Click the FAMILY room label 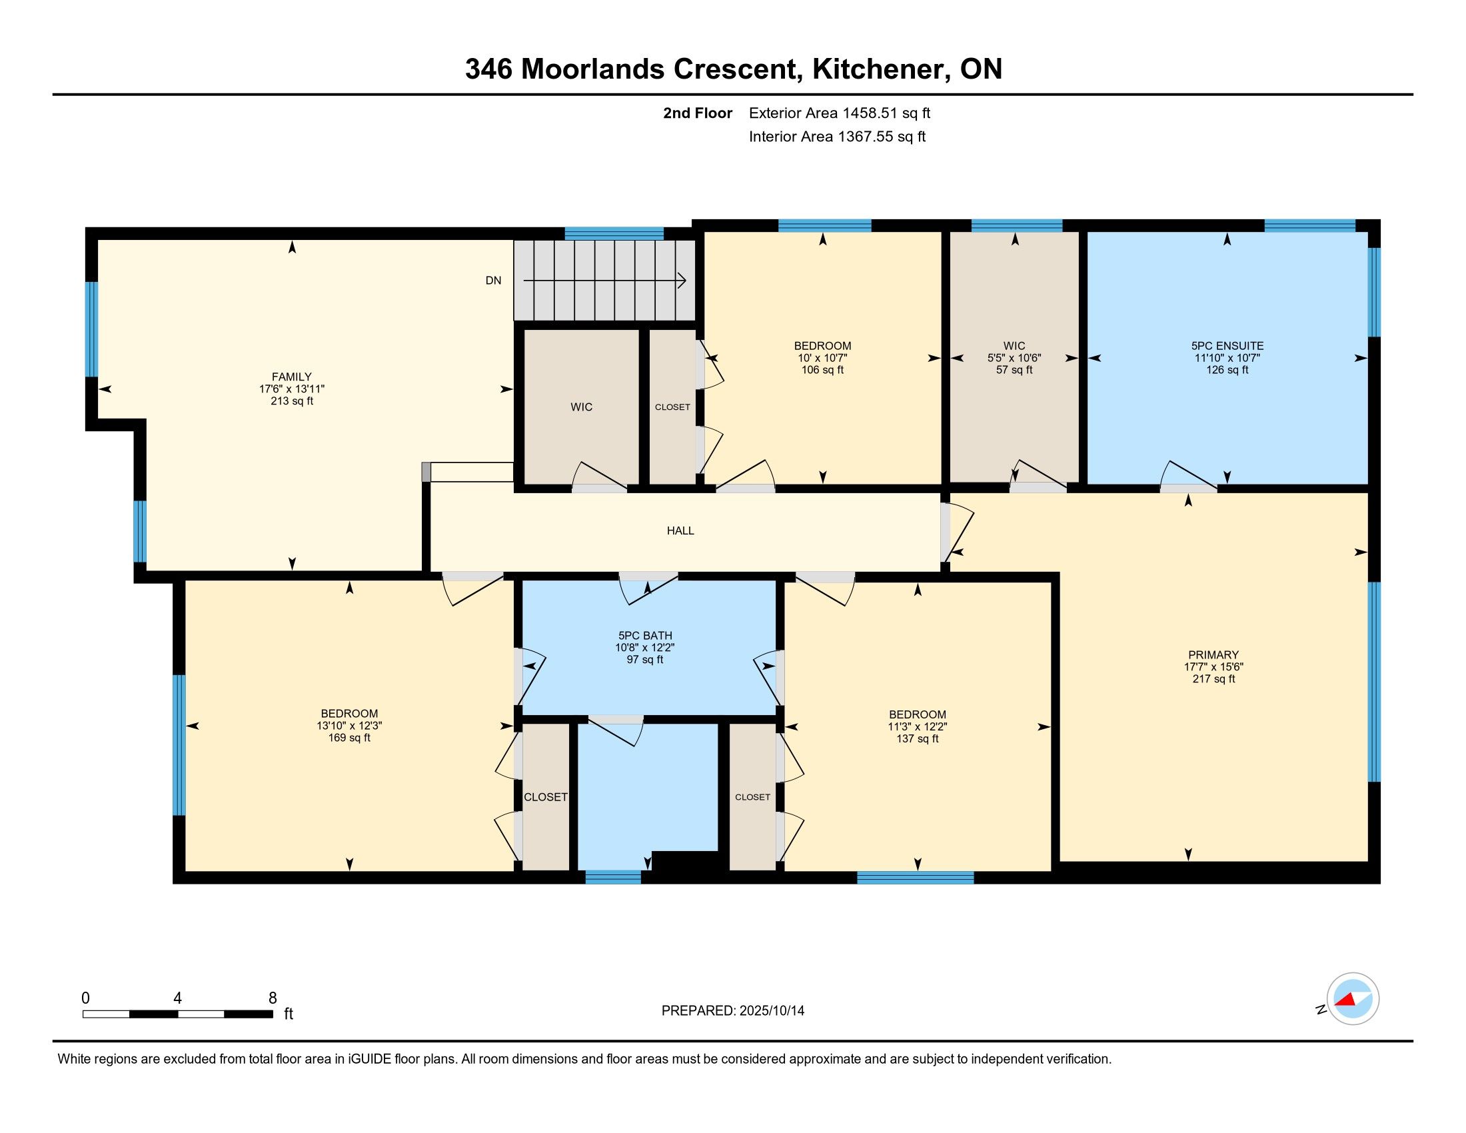tap(291, 377)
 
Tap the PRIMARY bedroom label tap(1213, 654)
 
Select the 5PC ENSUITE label tap(1227, 346)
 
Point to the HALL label tap(680, 531)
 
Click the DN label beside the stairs tap(493, 281)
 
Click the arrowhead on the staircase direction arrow tap(682, 281)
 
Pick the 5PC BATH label tap(644, 636)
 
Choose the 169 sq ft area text tap(349, 738)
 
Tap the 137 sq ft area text tap(917, 738)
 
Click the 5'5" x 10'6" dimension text tap(1014, 358)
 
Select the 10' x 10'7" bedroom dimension tap(822, 358)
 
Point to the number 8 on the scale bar tap(273, 998)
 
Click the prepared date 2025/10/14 tap(771, 1010)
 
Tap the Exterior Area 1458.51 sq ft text tap(839, 113)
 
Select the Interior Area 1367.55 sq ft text tap(837, 136)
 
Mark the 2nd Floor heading tap(698, 113)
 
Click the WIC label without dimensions tap(581, 407)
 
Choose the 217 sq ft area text tap(1213, 678)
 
